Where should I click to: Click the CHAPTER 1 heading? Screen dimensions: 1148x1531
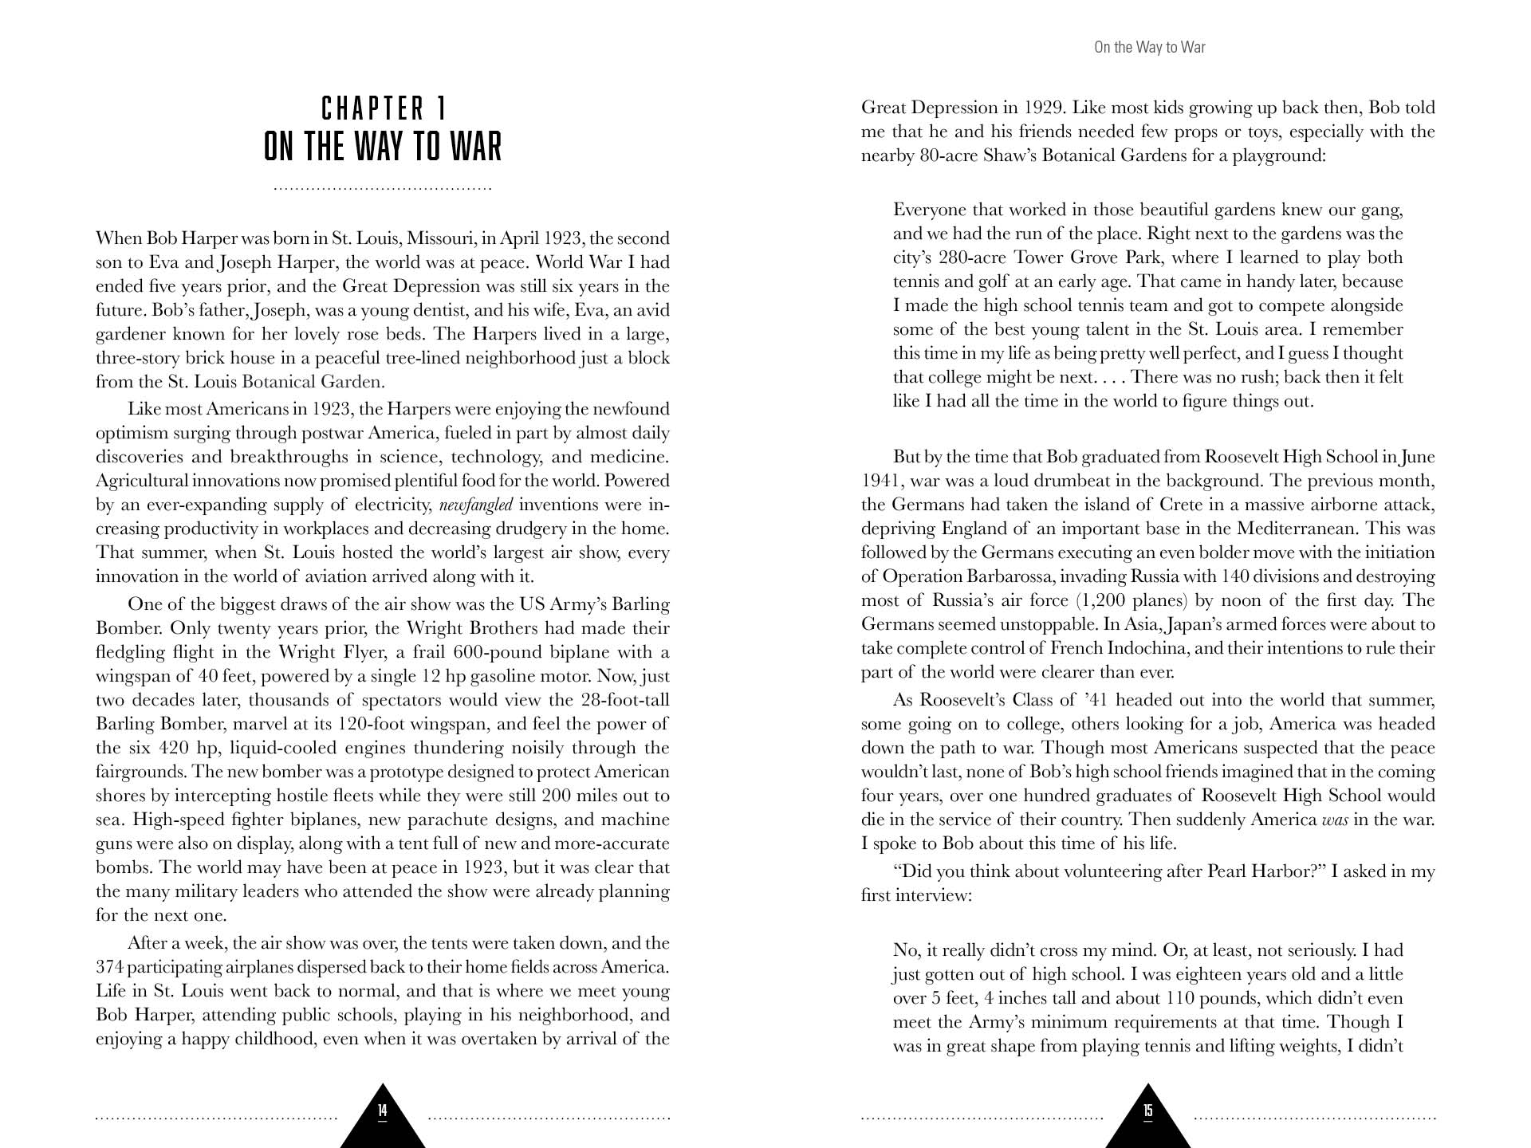point(383,108)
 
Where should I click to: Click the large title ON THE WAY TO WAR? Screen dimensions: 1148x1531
point(383,147)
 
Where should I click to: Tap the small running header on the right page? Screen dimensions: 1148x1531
point(1149,47)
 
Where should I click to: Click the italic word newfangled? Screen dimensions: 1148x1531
point(475,505)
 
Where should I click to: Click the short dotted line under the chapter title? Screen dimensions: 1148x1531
point(383,189)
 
